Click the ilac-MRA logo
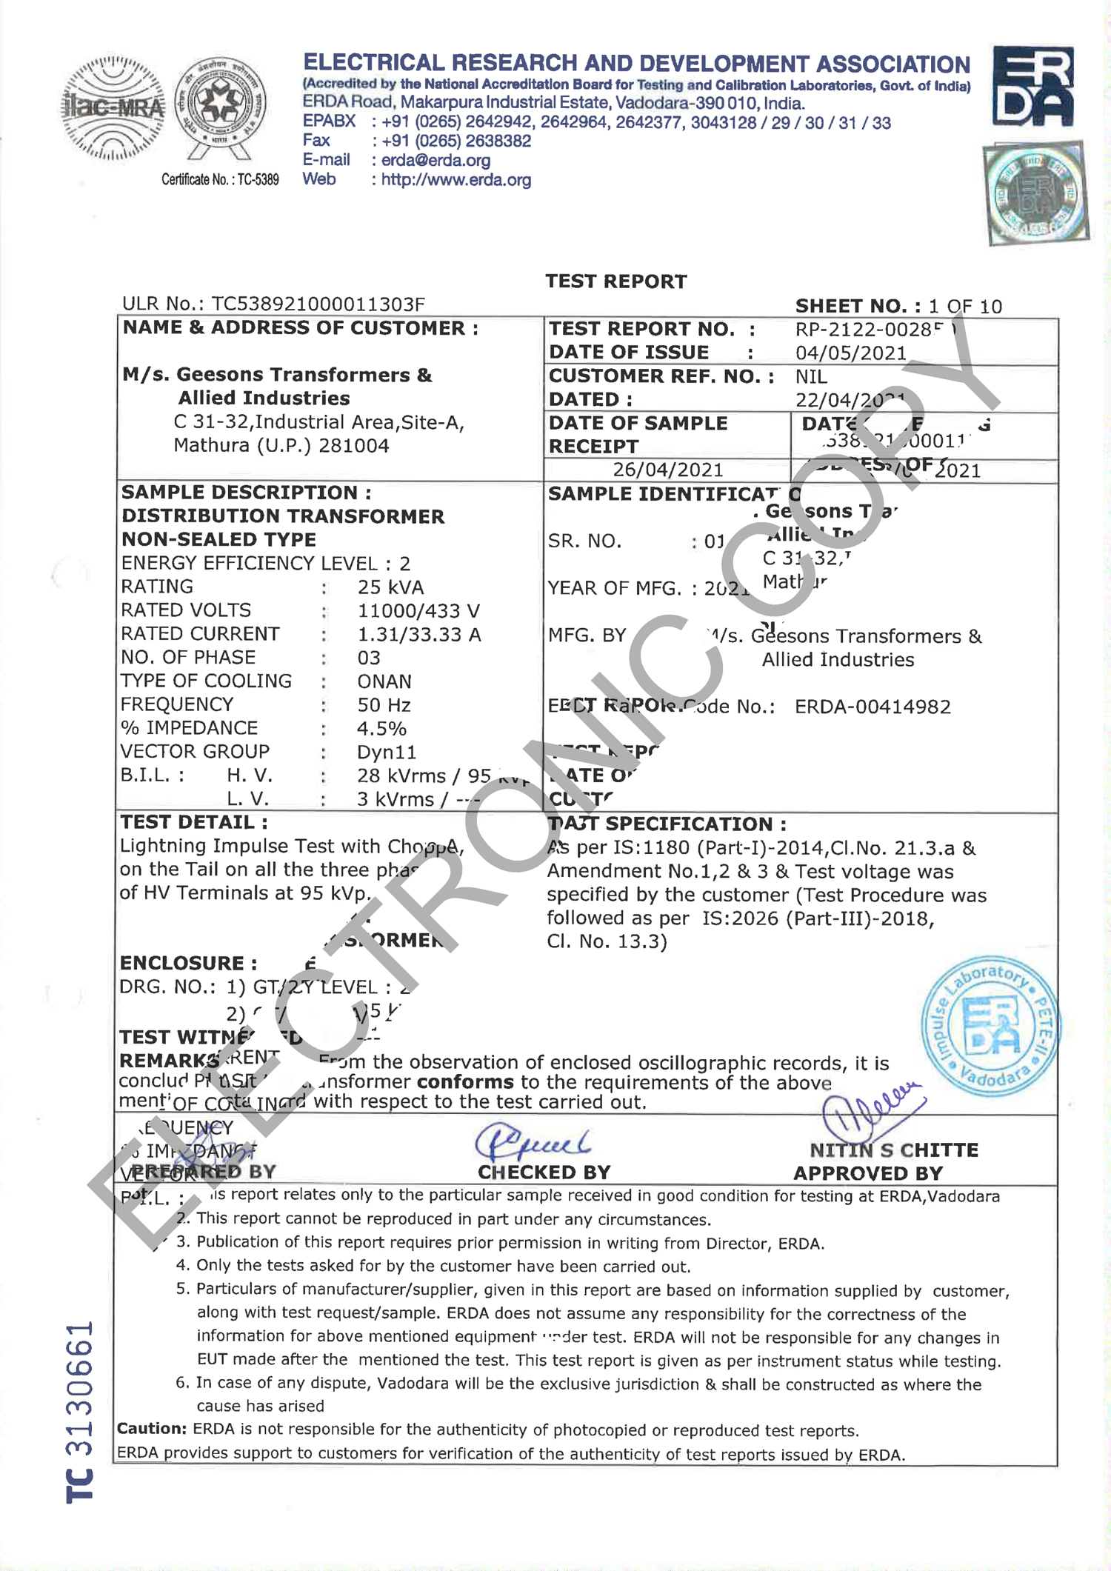[x=113, y=108]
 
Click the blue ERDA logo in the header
[x=1032, y=87]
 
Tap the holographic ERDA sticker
[x=1035, y=193]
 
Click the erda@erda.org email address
[x=436, y=160]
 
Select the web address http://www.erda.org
[x=456, y=180]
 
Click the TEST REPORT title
[x=615, y=281]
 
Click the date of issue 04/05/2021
[x=850, y=353]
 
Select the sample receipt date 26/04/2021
[x=667, y=470]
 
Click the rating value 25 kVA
[x=390, y=587]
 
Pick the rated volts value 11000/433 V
[x=418, y=611]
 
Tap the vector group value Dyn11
[x=387, y=753]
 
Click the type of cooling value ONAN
[x=384, y=681]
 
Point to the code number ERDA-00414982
[x=873, y=707]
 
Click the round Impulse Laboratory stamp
[x=990, y=1027]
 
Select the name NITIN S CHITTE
[x=893, y=1150]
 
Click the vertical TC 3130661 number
[x=79, y=1412]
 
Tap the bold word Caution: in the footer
[x=152, y=1429]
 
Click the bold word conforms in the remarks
[x=465, y=1082]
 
